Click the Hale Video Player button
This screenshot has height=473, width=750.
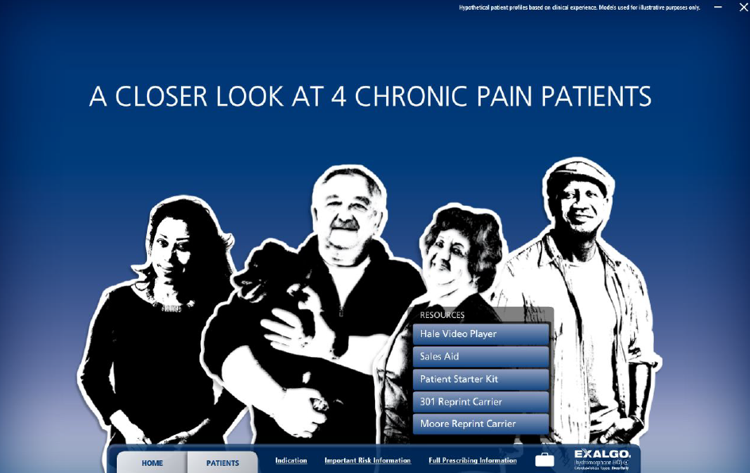[480, 334]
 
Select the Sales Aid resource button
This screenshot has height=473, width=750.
[480, 357]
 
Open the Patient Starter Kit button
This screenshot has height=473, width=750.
[480, 379]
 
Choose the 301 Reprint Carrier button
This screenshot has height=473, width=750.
[480, 401]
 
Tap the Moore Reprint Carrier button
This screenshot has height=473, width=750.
[480, 424]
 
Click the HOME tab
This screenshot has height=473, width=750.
[152, 463]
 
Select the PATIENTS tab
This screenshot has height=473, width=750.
[222, 463]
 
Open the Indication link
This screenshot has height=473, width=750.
[291, 460]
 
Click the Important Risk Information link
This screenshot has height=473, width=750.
[367, 460]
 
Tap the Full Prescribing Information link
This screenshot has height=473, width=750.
[472, 460]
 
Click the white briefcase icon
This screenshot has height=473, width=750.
[544, 459]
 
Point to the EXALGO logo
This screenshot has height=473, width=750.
[602, 454]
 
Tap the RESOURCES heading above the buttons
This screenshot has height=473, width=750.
[442, 315]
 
